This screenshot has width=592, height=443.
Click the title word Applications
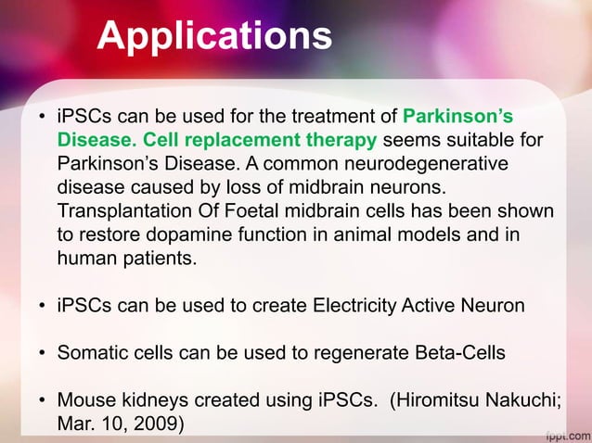[214, 36]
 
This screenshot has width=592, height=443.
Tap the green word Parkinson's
[458, 118]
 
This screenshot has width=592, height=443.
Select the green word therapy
[335, 141]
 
